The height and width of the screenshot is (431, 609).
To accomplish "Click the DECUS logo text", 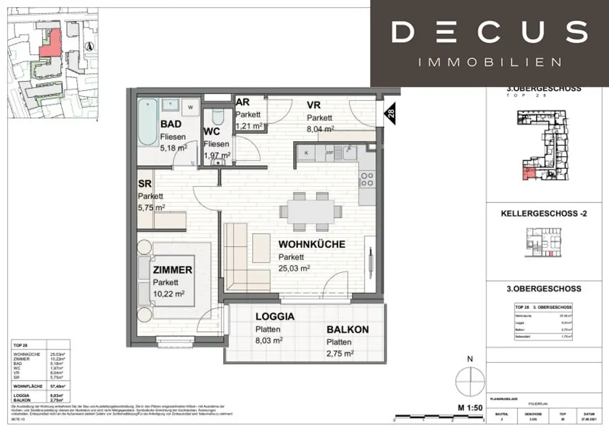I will coord(489,32).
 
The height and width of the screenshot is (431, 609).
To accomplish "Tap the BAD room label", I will coord(171,124).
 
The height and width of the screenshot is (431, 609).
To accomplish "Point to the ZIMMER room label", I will coord(172,270).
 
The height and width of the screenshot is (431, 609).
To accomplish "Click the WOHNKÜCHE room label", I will coord(312,245).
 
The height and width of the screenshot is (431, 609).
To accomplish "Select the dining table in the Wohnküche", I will coord(312,211).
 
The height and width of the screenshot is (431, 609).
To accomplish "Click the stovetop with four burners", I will coord(366,179).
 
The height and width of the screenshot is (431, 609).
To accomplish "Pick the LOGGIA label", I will coord(275,316).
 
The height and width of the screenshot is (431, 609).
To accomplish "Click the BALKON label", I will coord(347,329).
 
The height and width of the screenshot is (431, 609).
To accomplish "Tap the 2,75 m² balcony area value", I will coord(340,354).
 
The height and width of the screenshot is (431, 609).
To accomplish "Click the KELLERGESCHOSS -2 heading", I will coord(544,213).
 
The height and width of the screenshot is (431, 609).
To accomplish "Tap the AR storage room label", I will coord(243,102).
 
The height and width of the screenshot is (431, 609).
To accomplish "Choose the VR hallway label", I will coord(314,105).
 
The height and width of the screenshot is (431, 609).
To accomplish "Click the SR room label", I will coord(145,183).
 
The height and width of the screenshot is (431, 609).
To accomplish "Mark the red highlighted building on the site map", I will coord(50,42).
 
